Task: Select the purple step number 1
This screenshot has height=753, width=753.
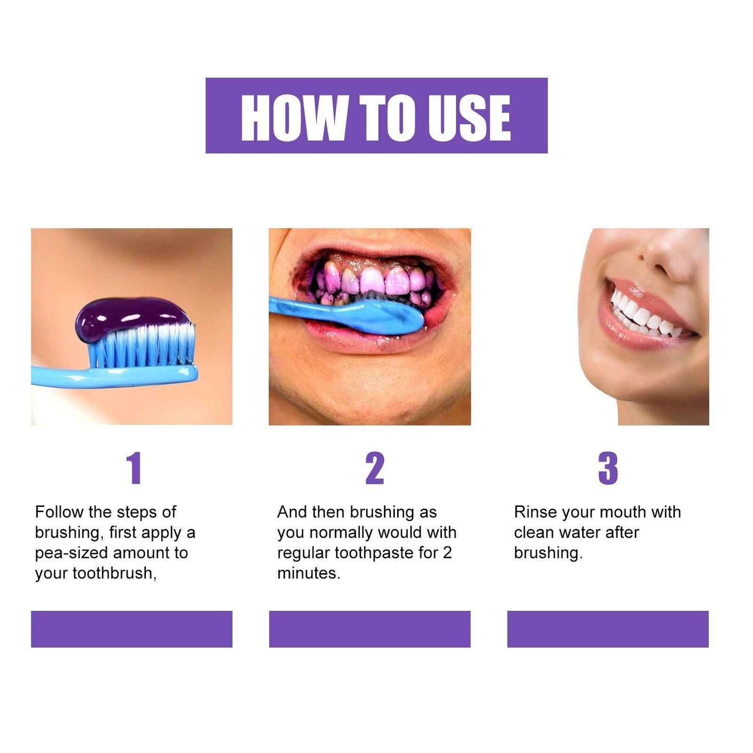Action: pyautogui.click(x=134, y=468)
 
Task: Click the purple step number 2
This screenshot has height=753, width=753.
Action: pyautogui.click(x=375, y=468)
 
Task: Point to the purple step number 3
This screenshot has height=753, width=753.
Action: pyautogui.click(x=608, y=468)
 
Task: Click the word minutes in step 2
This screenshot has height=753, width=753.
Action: pyautogui.click(x=308, y=573)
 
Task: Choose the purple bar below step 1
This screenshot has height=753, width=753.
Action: pyautogui.click(x=131, y=629)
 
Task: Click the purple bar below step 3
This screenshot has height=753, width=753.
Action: pyautogui.click(x=608, y=629)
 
